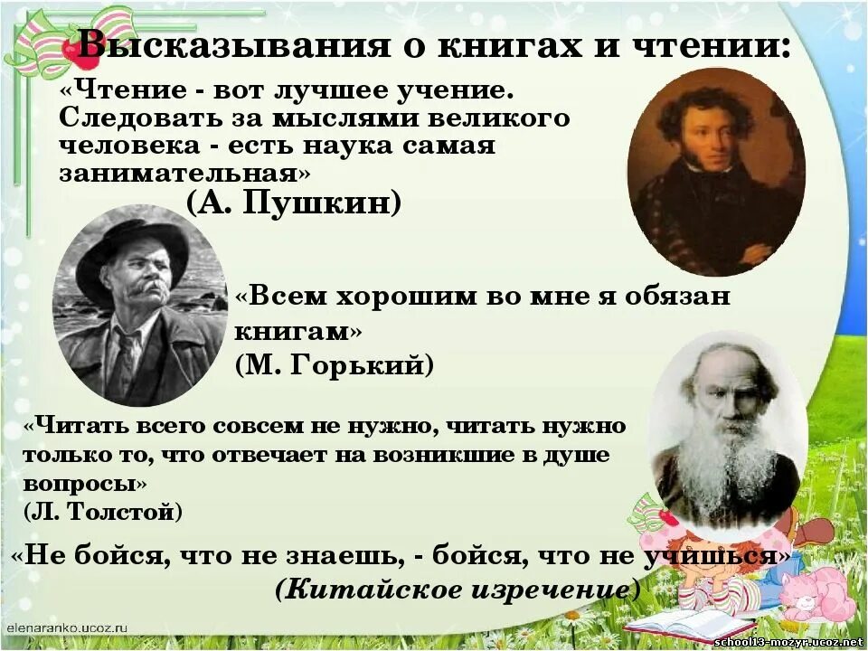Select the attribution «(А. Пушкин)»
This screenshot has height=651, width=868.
[294, 203]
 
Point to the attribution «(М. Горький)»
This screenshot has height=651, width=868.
[335, 364]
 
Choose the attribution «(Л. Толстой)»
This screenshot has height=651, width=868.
[103, 511]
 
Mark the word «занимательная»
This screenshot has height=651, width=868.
[184, 173]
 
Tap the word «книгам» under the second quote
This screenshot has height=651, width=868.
[294, 331]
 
